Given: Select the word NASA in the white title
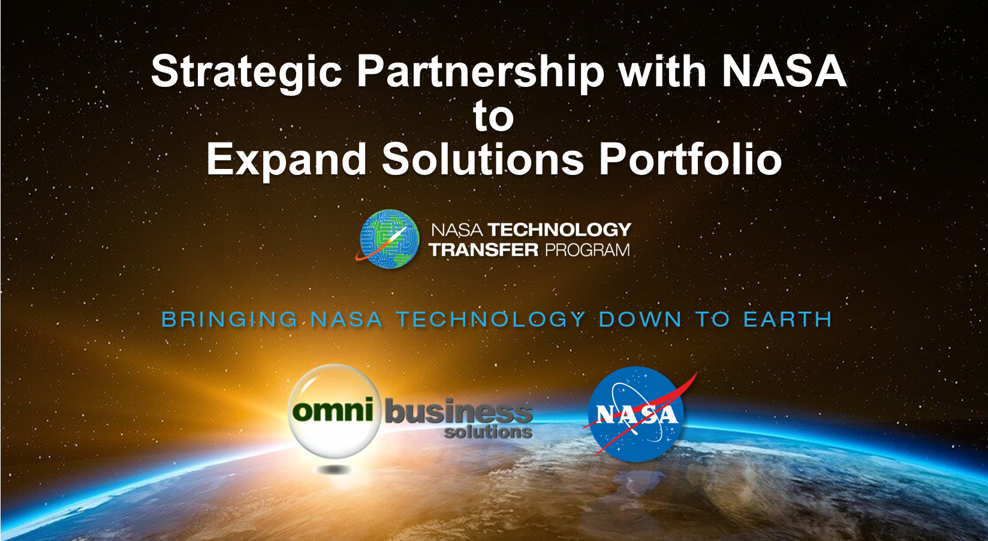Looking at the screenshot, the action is [784, 71].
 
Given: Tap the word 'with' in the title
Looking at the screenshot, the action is [662, 71].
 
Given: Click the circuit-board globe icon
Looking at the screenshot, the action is [388, 238].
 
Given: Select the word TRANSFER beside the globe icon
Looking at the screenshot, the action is [484, 250].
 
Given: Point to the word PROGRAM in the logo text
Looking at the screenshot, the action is [588, 250].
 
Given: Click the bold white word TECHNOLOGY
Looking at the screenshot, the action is [559, 229].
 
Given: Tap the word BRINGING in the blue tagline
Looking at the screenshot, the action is [230, 319].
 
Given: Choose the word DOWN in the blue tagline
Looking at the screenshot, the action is [640, 319].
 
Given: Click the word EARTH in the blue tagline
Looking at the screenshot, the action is [788, 319].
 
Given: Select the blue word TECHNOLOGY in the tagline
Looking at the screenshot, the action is [491, 319].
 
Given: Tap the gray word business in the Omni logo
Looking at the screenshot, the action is [459, 412].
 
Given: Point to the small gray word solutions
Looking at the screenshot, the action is [488, 431].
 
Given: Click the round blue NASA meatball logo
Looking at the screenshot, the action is [636, 414].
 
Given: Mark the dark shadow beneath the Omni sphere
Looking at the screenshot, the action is [334, 470].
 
